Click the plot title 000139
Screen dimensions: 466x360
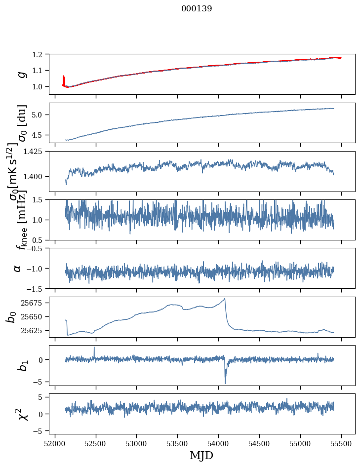point(197,8)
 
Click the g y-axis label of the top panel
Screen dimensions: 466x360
point(21,74)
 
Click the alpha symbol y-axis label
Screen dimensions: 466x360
point(17,268)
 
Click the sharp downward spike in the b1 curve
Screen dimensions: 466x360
point(225,383)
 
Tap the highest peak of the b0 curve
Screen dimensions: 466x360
point(225,299)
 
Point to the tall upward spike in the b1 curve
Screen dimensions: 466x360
point(94,348)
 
